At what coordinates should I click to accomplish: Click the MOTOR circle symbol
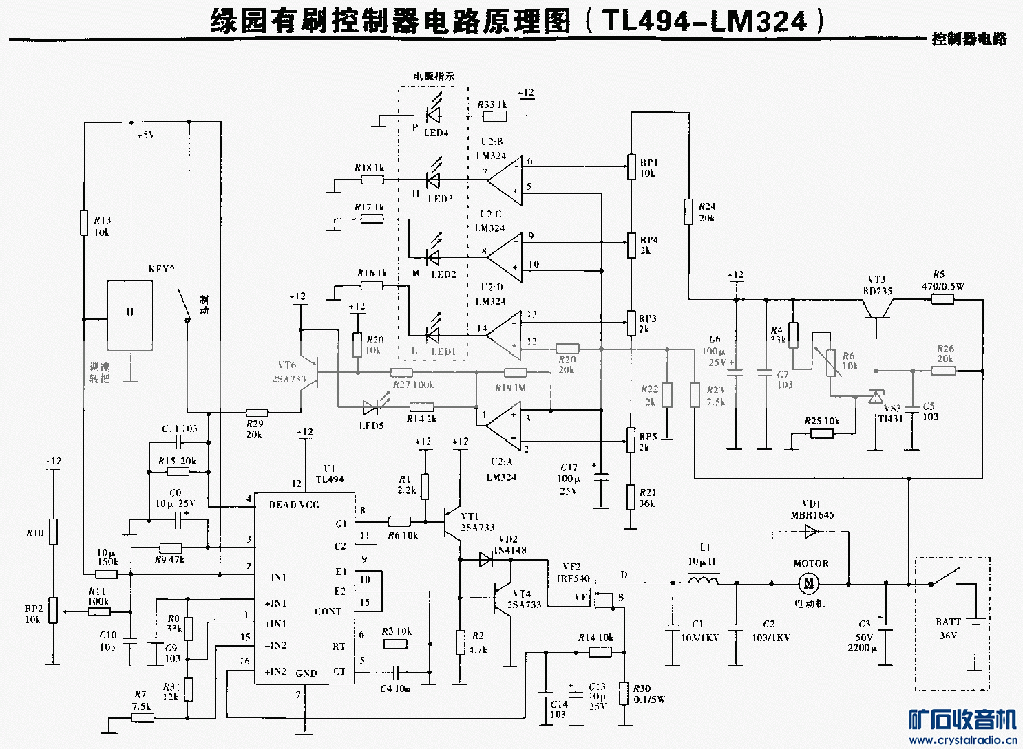[x=808, y=584]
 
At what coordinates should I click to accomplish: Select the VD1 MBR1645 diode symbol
[x=811, y=532]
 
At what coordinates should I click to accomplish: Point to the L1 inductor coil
[x=703, y=582]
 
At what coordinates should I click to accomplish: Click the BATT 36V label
[x=948, y=629]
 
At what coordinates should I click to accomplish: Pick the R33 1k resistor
[x=495, y=116]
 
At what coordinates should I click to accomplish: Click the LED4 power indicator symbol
[x=434, y=116]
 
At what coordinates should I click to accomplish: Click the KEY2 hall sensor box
[x=129, y=314]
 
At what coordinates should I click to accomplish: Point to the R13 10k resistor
[x=84, y=222]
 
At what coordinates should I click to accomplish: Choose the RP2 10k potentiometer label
[x=34, y=614]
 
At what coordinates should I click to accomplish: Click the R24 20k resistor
[x=688, y=211]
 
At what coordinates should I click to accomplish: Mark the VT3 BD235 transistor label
[x=877, y=285]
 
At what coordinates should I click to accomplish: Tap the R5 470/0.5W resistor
[x=942, y=299]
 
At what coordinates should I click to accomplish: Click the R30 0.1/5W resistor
[x=624, y=693]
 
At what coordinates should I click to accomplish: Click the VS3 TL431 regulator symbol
[x=876, y=397]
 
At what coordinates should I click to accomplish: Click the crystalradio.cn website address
[x=962, y=740]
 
